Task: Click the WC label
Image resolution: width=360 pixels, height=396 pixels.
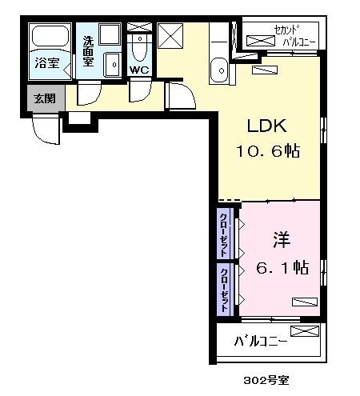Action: click(x=139, y=70)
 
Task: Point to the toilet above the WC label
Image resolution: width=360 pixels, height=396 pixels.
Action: click(x=139, y=47)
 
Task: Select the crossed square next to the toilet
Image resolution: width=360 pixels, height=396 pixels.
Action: click(x=170, y=37)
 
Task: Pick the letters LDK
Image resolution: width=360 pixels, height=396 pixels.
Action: click(x=266, y=126)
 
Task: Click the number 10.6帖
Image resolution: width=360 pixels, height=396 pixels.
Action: click(x=266, y=150)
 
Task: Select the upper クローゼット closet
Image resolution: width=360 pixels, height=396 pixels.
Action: click(x=225, y=231)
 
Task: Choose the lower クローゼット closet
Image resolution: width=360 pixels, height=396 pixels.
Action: click(x=225, y=289)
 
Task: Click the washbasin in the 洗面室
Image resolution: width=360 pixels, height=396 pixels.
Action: click(x=114, y=63)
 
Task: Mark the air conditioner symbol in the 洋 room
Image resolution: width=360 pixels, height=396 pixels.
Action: click(x=303, y=302)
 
